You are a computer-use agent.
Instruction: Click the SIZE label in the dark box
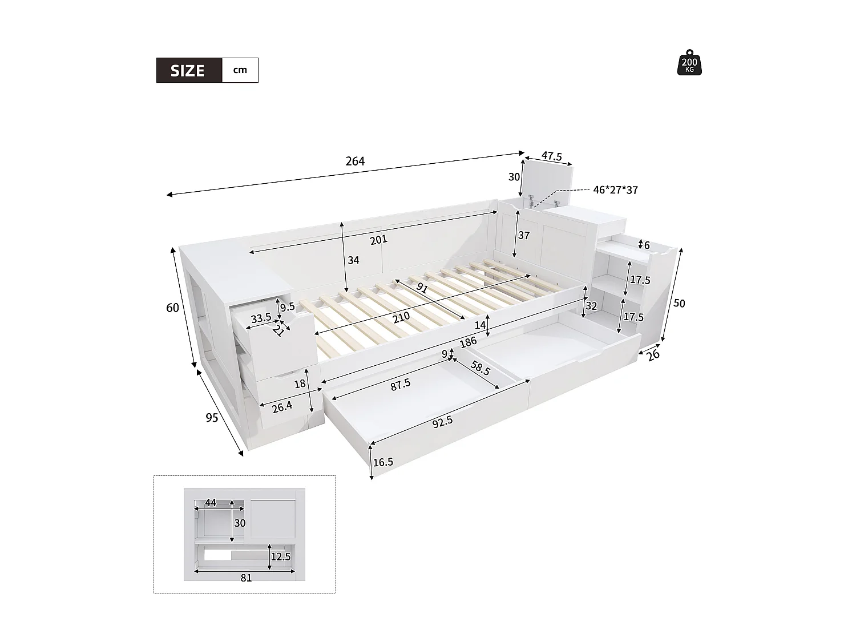[188, 71]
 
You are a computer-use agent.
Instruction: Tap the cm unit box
[240, 70]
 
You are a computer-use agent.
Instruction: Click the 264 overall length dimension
[355, 161]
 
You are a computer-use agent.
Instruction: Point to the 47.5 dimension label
[551, 156]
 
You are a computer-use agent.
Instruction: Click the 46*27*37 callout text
[615, 190]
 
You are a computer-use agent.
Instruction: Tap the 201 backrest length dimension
[378, 240]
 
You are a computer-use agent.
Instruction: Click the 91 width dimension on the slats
[422, 288]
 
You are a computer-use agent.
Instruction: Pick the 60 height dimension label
[172, 308]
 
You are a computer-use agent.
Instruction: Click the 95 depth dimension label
[212, 418]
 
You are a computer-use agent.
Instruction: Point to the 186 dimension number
[468, 343]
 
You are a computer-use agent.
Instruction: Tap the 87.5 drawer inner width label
[401, 384]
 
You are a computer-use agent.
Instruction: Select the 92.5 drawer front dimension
[442, 421]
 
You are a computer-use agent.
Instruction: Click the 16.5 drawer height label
[383, 462]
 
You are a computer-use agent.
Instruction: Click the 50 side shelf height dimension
[679, 304]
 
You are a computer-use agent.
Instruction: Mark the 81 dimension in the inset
[246, 578]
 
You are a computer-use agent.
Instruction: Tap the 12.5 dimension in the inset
[280, 556]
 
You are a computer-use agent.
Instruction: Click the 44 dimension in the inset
[211, 503]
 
